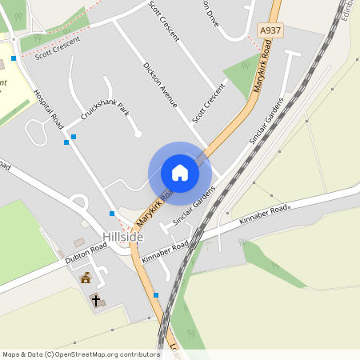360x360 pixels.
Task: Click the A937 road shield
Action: (x=270, y=30)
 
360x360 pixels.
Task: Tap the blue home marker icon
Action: (x=179, y=173)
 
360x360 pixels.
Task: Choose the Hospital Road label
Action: (x=49, y=110)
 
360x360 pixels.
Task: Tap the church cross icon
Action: (x=95, y=301)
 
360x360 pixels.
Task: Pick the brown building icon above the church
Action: (x=86, y=278)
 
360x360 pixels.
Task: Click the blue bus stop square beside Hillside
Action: (x=112, y=214)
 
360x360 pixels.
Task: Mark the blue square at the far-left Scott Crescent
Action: (x=14, y=58)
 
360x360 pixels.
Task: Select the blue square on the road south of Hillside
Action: (x=156, y=295)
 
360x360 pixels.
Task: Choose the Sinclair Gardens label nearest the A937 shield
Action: (x=266, y=121)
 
